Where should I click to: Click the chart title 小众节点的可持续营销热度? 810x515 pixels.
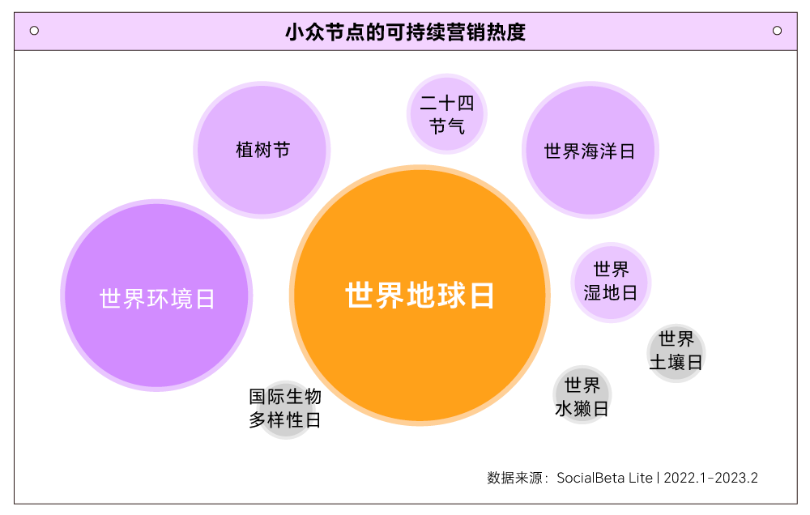[405, 32]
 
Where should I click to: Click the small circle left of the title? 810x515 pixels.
[34, 31]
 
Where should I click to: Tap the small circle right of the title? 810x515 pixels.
[777, 31]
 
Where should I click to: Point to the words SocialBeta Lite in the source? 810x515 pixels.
[603, 478]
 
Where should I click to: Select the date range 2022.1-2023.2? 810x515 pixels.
[710, 478]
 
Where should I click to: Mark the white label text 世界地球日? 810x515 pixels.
[420, 296]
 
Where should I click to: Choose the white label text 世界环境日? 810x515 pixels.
[157, 299]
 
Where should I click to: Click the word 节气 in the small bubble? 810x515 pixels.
[446, 126]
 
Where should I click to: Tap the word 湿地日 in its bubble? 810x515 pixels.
[611, 292]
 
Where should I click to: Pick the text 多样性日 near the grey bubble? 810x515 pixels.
[284, 421]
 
